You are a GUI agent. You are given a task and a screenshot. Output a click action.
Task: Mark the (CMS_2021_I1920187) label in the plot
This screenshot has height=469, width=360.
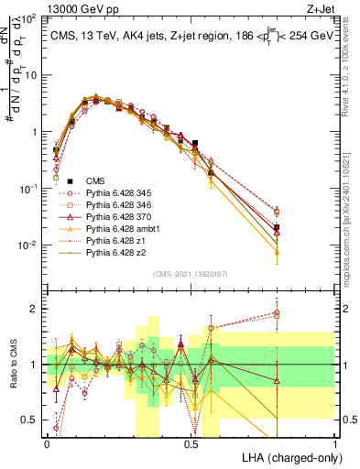(191, 273)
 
